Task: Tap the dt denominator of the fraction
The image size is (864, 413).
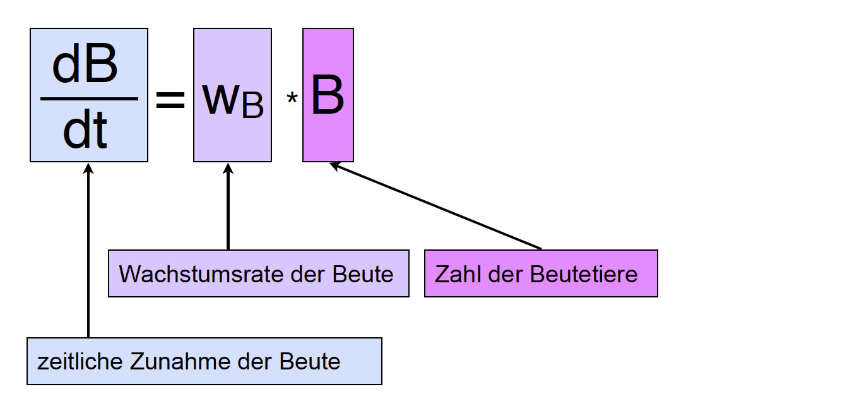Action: coord(85,130)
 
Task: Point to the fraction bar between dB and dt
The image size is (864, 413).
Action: coord(89,99)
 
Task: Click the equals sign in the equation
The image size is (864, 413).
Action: coord(170,100)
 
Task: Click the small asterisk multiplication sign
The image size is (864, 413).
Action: coord(292,100)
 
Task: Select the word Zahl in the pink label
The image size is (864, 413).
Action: coord(454,274)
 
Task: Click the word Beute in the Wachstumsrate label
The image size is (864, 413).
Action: coord(364,274)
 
